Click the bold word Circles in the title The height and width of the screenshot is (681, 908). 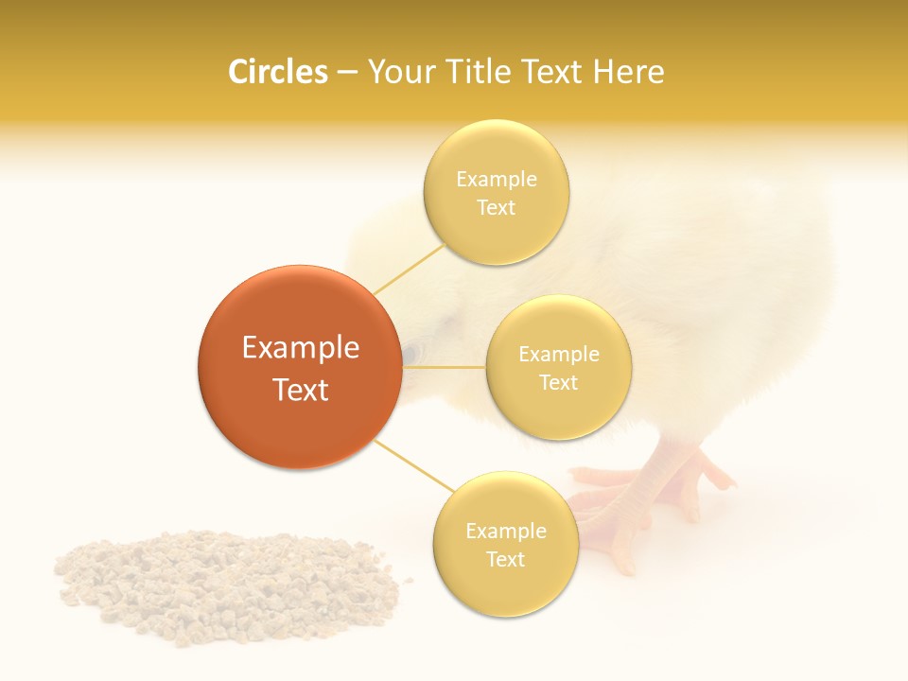[277, 72]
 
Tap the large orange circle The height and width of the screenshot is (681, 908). [300, 367]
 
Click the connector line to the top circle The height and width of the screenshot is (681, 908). [409, 269]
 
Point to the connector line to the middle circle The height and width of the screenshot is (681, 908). [444, 367]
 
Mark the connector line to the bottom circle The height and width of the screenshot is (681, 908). [413, 465]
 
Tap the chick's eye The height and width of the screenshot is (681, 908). [410, 354]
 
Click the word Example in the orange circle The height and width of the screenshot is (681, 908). [300, 348]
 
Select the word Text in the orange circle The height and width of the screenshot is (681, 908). [300, 390]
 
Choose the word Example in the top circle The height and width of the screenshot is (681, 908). [496, 180]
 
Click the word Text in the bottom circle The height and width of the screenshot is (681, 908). [505, 559]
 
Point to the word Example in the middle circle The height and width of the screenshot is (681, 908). [558, 355]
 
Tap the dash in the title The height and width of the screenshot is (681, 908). [346, 72]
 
